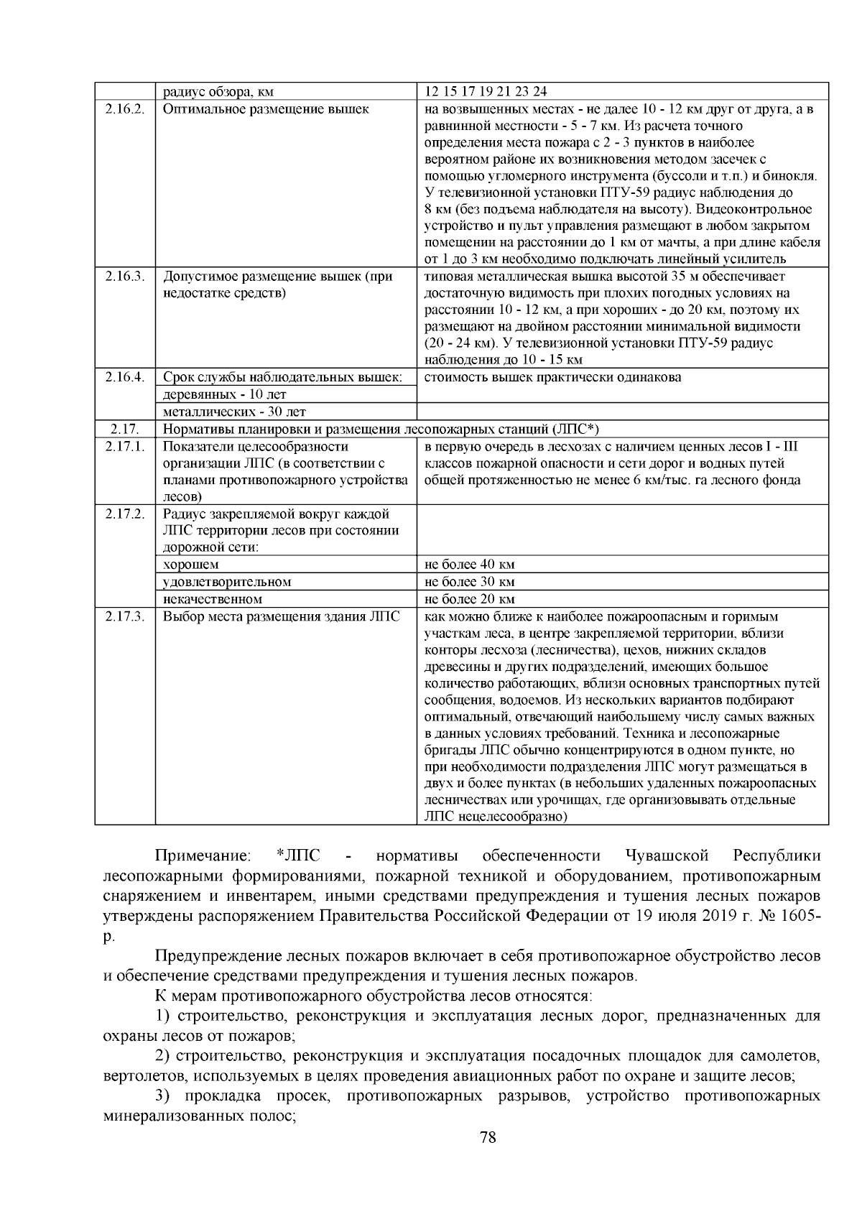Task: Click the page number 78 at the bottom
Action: tap(488, 1137)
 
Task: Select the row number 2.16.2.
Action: tap(124, 109)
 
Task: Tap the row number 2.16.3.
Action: tap(124, 277)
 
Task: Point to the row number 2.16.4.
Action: tap(124, 377)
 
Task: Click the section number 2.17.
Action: tap(124, 430)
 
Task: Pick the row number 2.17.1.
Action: tap(124, 447)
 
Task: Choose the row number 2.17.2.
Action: tap(124, 514)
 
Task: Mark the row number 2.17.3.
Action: tap(124, 616)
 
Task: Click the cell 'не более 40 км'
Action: tap(470, 565)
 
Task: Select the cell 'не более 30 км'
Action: tap(470, 582)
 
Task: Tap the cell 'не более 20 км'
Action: tap(470, 599)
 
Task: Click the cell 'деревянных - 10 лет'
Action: tap(225, 395)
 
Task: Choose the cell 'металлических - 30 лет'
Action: tap(234, 412)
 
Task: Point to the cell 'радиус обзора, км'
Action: tap(218, 92)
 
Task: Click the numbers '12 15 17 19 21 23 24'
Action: tap(486, 92)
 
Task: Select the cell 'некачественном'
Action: tap(213, 599)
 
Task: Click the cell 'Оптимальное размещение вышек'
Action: tap(266, 109)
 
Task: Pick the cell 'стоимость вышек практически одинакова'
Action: tap(553, 377)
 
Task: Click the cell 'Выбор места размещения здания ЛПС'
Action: tap(281, 616)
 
